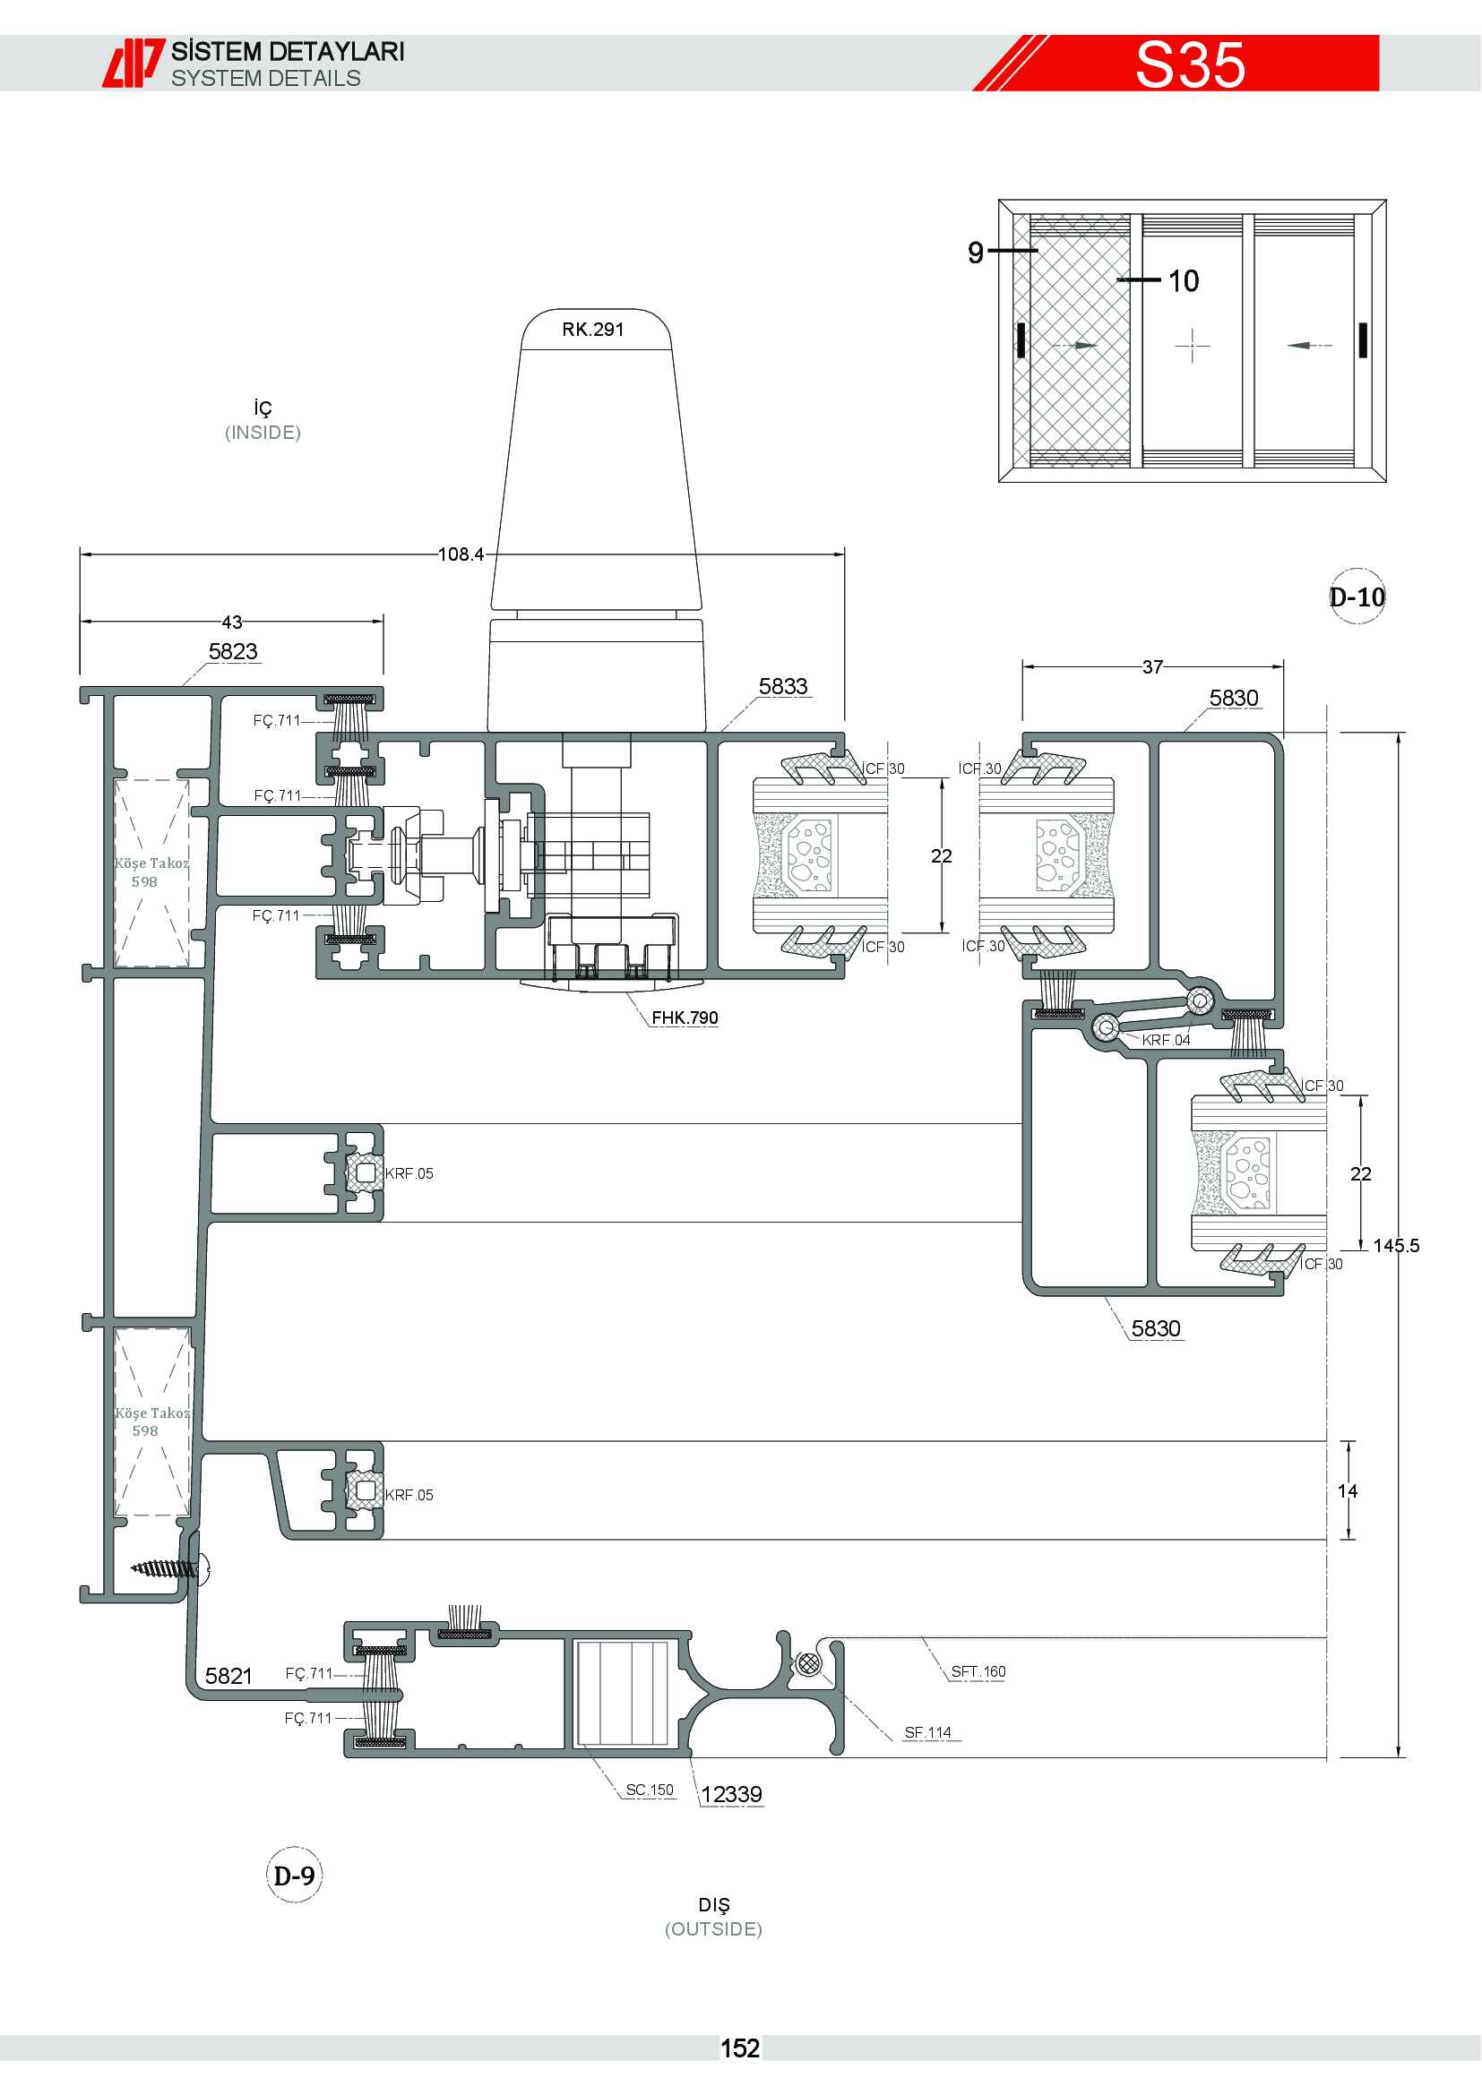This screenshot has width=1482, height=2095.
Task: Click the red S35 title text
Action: [1190, 64]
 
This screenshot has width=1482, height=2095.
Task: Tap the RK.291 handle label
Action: [593, 330]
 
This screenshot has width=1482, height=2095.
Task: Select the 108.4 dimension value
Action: [461, 554]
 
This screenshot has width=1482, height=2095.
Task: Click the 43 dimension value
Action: [232, 622]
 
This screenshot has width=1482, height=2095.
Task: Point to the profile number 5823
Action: [234, 651]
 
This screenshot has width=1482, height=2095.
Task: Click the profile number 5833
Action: [783, 686]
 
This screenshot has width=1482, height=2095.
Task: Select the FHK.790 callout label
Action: [685, 1017]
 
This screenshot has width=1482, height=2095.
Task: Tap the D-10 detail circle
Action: [1357, 597]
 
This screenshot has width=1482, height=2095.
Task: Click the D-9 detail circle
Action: [294, 1875]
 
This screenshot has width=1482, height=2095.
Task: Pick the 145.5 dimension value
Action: [1396, 1246]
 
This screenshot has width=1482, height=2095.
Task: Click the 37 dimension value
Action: [1152, 667]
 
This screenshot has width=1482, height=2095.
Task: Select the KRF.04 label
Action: [1167, 1040]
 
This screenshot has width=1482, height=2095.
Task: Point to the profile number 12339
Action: [731, 1794]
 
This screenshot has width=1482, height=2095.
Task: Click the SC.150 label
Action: [650, 1790]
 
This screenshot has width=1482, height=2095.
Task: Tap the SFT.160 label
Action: [978, 1670]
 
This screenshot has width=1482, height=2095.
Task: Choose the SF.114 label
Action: [928, 1732]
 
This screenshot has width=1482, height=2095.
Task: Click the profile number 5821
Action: [228, 1675]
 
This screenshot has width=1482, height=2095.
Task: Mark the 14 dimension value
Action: [1348, 1491]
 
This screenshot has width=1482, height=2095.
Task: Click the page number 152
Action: [740, 2048]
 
